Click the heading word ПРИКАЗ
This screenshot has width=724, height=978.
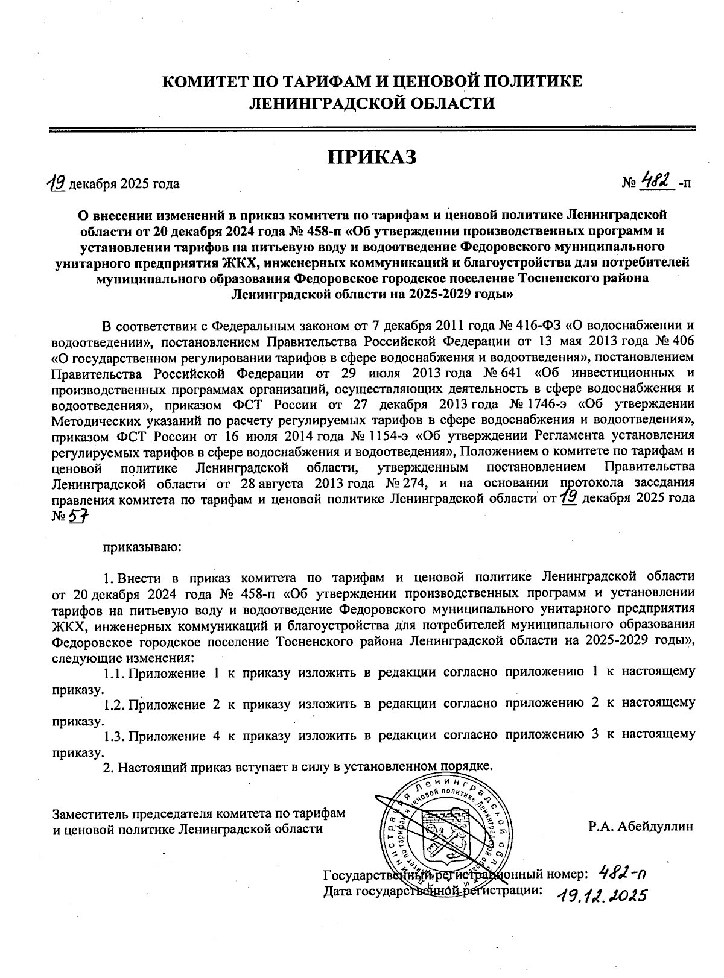pyautogui.click(x=372, y=157)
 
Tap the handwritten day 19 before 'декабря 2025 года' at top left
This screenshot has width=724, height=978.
pyautogui.click(x=57, y=181)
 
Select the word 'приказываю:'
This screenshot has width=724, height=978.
pyautogui.click(x=142, y=547)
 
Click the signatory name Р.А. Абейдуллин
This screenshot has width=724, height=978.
pyautogui.click(x=641, y=825)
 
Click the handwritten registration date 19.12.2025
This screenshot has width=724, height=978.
pyautogui.click(x=601, y=894)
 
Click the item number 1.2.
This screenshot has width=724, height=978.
pyautogui.click(x=113, y=703)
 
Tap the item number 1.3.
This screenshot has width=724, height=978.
pyautogui.click(x=113, y=735)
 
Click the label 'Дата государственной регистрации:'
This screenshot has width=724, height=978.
pyautogui.click(x=433, y=890)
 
